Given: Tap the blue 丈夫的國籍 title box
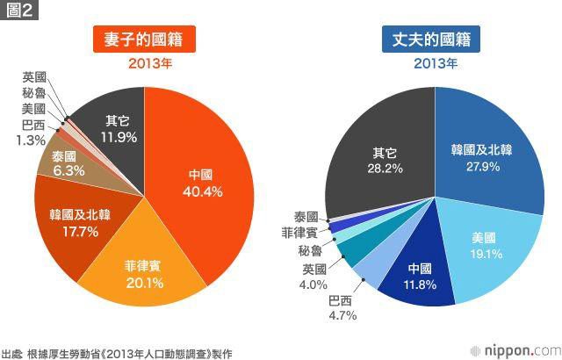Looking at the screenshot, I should tap(435, 40).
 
